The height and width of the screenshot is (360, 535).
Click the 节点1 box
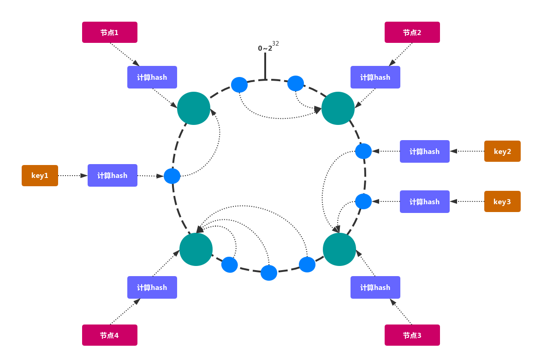point(110,32)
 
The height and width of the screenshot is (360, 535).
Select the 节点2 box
point(412,32)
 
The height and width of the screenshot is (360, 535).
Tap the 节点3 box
point(412,335)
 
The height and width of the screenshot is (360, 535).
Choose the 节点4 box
point(110,335)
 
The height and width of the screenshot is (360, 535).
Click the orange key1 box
point(40,176)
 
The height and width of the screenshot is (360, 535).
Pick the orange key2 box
point(502,151)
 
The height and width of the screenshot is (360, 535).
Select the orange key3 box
point(502,201)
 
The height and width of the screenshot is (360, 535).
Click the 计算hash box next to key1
point(113,176)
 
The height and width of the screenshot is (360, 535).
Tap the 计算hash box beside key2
point(425,151)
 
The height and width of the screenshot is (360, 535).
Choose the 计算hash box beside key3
point(425,201)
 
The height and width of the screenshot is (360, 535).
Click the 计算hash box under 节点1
point(152,77)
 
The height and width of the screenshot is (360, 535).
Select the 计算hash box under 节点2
point(375,77)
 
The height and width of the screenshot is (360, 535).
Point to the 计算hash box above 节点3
point(375,287)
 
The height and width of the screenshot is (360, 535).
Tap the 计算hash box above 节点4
point(152,287)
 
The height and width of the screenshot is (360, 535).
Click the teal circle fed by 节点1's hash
point(194,108)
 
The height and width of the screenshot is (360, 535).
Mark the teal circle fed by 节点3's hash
point(339,249)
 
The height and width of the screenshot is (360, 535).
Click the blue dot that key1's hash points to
point(172,176)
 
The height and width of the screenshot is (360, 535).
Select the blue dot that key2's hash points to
point(363,151)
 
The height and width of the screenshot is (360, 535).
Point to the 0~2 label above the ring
point(265,48)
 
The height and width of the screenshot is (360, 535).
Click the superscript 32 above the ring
point(275,44)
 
